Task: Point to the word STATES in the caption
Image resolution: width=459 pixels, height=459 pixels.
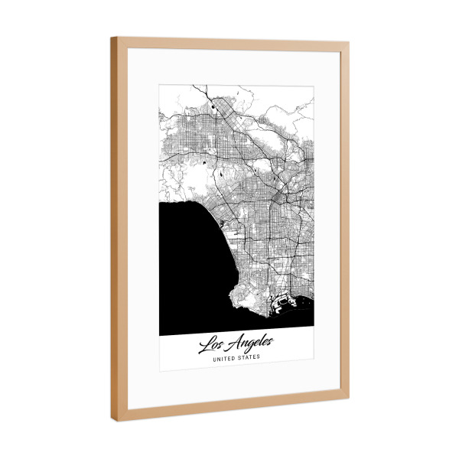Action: point(249,356)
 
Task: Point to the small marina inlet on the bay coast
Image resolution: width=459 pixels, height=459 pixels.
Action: point(220,223)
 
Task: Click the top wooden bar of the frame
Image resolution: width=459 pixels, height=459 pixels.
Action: point(229,41)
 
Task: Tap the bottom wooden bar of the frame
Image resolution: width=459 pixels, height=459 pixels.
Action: point(229,408)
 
